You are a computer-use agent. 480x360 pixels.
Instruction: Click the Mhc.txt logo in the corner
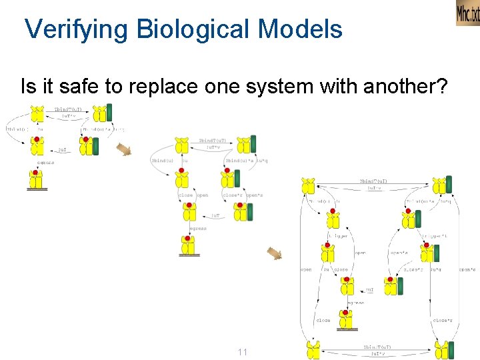pyautogui.click(x=467, y=13)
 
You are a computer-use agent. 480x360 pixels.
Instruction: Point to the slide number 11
pyautogui.click(x=241, y=351)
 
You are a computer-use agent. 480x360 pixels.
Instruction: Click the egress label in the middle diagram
pyautogui.click(x=198, y=229)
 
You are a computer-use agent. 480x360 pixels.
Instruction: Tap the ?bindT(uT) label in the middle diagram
pyautogui.click(x=213, y=141)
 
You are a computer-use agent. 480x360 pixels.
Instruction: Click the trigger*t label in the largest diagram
pyautogui.click(x=434, y=236)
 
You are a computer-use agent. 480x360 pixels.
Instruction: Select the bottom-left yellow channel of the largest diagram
pyautogui.click(x=313, y=350)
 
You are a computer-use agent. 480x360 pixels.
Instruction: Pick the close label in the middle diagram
pyautogui.click(x=185, y=195)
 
